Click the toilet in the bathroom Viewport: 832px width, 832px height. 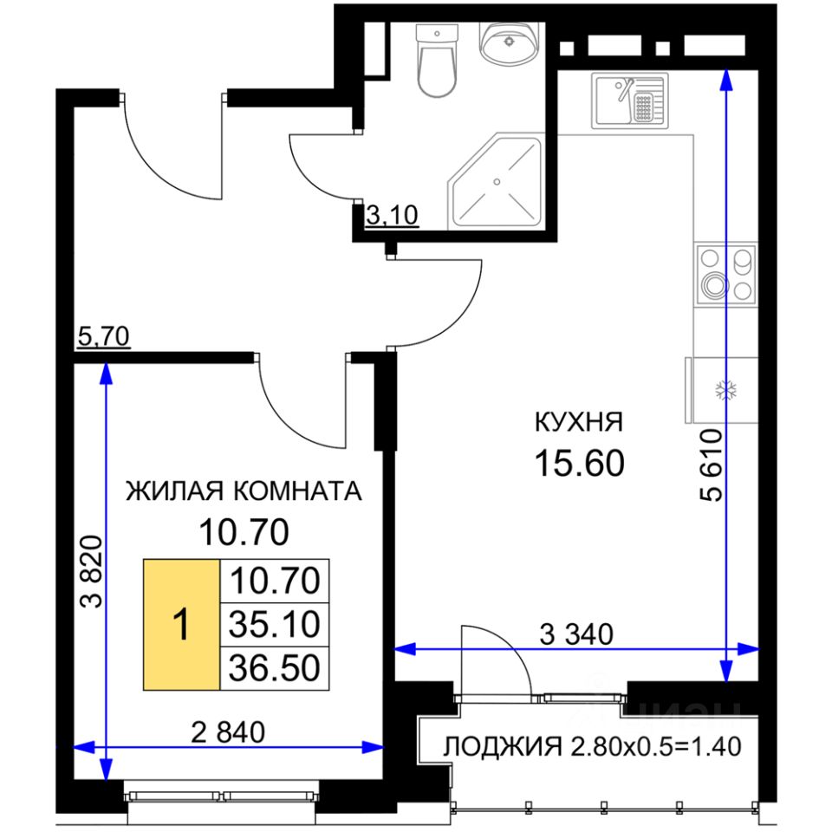click(436, 61)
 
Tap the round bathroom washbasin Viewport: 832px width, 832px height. click(509, 42)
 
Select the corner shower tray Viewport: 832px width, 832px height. click(496, 181)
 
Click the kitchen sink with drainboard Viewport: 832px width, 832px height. click(630, 101)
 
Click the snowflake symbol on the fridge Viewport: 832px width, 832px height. click(725, 390)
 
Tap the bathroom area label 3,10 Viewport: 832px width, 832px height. click(392, 216)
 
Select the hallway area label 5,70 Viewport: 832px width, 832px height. click(103, 336)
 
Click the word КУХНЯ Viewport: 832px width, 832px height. click(578, 422)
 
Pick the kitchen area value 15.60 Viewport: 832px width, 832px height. click(579, 463)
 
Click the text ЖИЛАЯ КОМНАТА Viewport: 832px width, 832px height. click(244, 491)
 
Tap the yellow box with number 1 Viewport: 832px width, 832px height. click(181, 625)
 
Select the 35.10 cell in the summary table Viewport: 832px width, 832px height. click(275, 625)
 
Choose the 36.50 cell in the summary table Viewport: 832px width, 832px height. click(275, 668)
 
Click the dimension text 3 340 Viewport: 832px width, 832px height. click(576, 634)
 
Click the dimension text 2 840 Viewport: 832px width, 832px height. click(228, 733)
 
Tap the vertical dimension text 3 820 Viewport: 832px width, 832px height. click(91, 571)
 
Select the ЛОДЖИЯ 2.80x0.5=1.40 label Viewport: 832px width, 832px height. click(592, 746)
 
